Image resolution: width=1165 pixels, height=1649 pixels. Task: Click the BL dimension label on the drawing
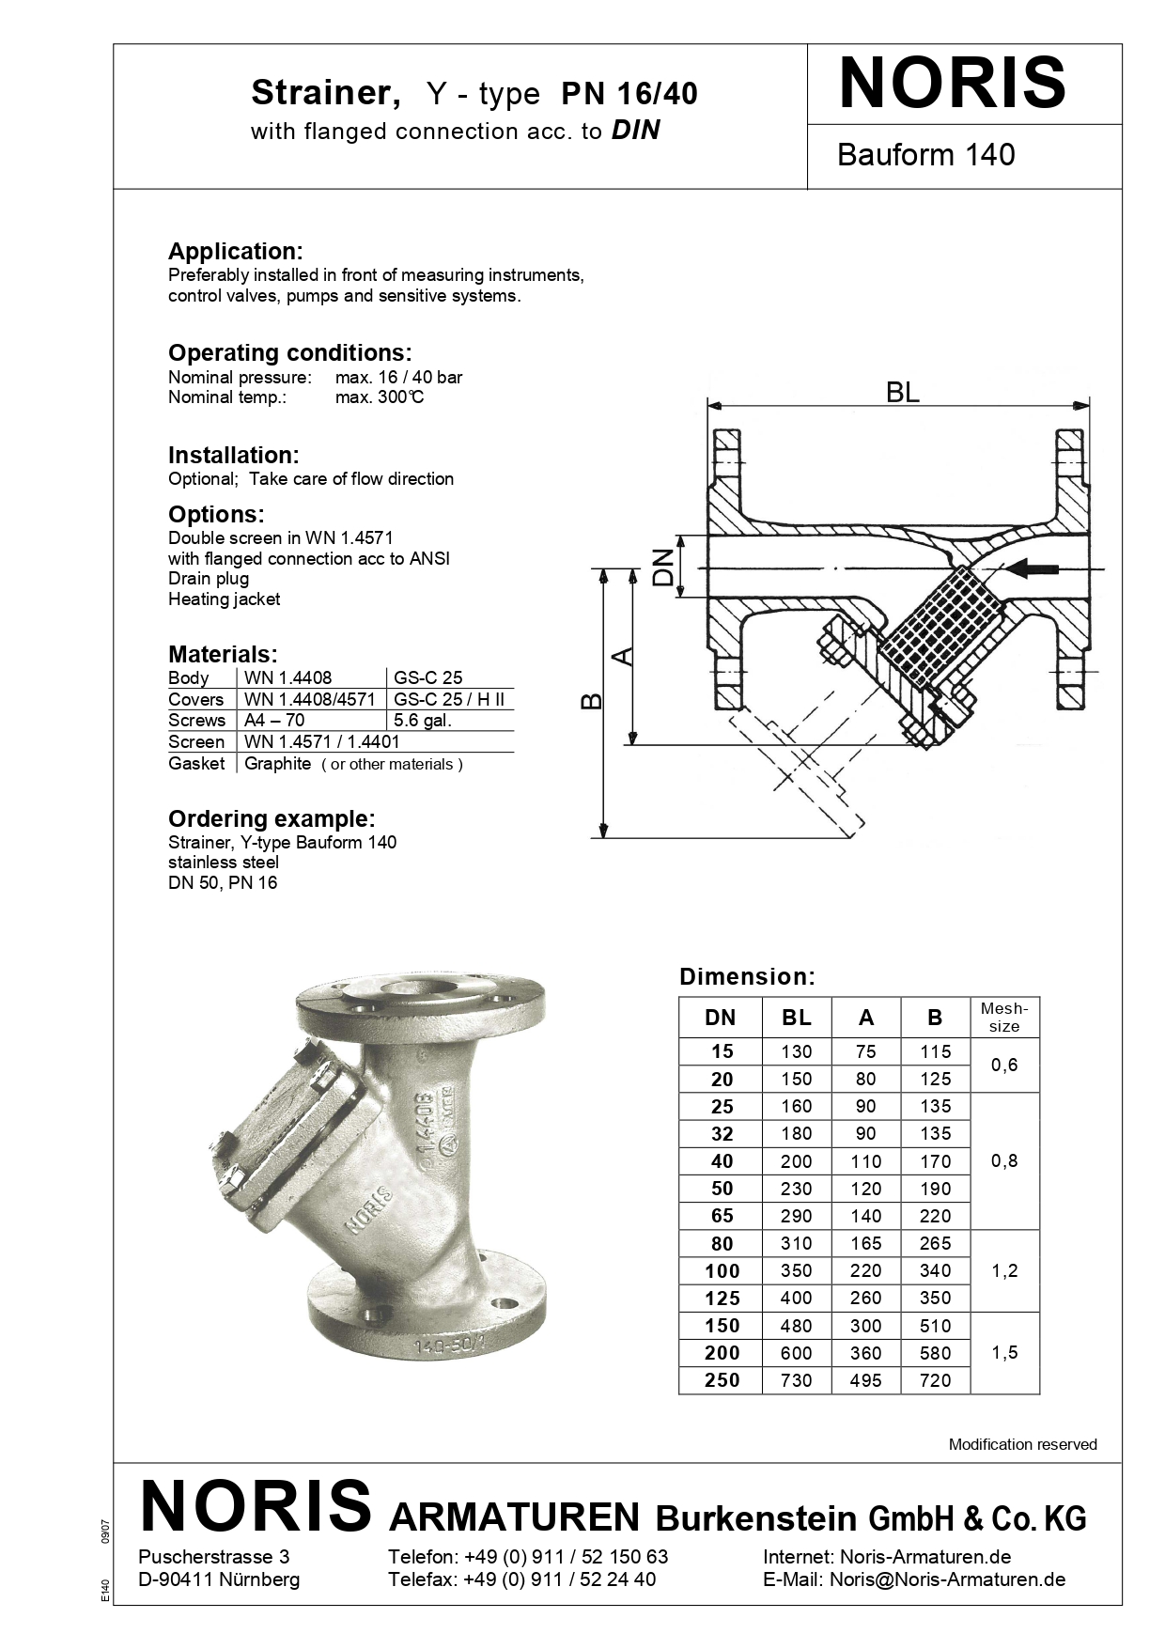tap(902, 392)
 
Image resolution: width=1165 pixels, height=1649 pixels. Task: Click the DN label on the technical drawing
tap(665, 567)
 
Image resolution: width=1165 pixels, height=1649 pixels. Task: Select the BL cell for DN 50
tap(796, 1189)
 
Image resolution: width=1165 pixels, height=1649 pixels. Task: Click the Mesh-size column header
tap(1004, 1017)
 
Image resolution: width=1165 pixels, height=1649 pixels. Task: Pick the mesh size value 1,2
tap(1004, 1270)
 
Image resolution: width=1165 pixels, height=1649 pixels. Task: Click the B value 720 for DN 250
tap(935, 1380)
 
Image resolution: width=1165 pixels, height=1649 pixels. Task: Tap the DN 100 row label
tap(722, 1271)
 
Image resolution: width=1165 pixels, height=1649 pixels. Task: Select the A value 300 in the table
tap(865, 1326)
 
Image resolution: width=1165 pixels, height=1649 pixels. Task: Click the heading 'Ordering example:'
tap(272, 818)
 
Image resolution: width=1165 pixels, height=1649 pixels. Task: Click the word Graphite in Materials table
tap(277, 764)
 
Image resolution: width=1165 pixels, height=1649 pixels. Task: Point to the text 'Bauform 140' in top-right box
tap(925, 155)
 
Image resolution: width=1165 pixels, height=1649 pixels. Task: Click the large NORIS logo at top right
tap(952, 85)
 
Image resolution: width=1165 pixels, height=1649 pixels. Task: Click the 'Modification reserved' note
tap(1022, 1444)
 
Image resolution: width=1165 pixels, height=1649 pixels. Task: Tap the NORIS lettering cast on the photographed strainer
tap(368, 1210)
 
